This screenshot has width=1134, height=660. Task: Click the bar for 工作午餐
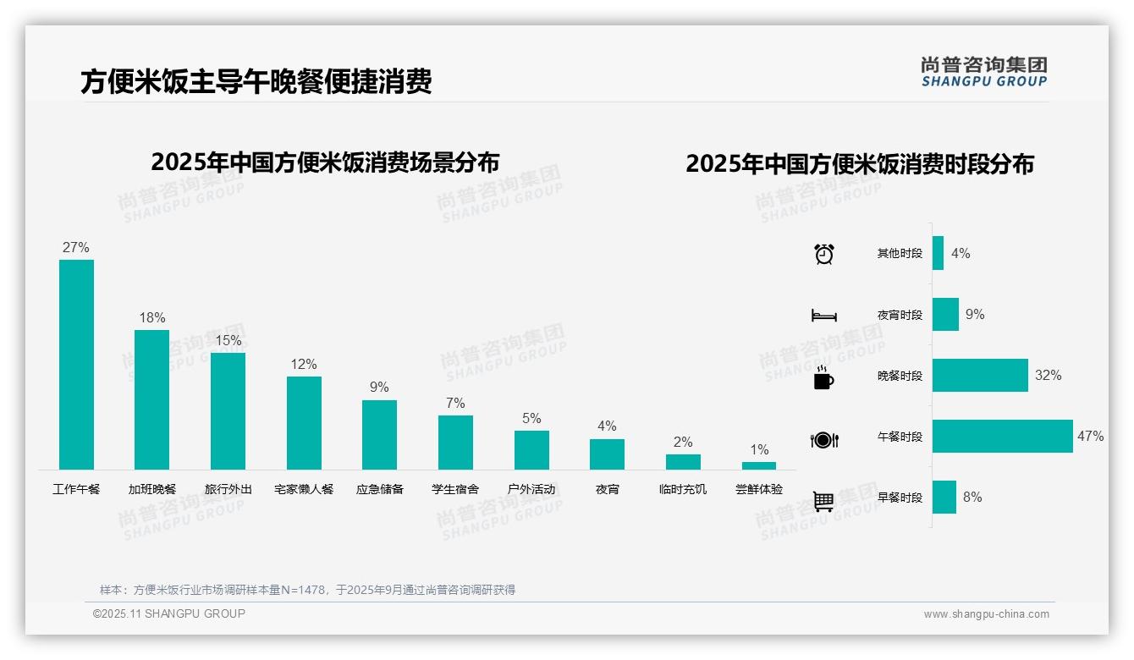point(76,364)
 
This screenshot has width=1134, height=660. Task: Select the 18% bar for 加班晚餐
point(151,399)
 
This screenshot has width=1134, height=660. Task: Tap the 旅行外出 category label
point(228,489)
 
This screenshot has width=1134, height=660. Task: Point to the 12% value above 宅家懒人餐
point(303,364)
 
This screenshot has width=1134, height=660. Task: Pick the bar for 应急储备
point(379,434)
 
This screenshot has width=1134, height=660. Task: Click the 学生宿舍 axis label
point(455,489)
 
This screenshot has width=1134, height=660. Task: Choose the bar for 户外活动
point(531,449)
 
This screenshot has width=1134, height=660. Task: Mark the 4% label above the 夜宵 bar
point(607,426)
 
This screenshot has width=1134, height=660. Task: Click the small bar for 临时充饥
point(683,461)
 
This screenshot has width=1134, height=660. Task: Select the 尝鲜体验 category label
point(759,489)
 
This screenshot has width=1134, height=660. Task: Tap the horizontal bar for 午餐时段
point(1002,437)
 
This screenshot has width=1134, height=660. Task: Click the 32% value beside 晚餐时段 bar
point(1048,375)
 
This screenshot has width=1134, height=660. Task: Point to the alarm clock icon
point(824,254)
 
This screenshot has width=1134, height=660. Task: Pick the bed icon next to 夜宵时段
point(824,316)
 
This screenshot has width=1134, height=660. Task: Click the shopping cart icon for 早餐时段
point(824,501)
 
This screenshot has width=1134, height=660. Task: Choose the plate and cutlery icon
point(824,439)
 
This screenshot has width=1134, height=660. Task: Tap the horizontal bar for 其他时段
point(938,253)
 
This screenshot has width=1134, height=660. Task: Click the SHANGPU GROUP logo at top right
point(983,72)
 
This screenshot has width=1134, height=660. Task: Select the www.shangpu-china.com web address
point(986,614)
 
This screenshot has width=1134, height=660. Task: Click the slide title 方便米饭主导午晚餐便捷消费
point(256,81)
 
